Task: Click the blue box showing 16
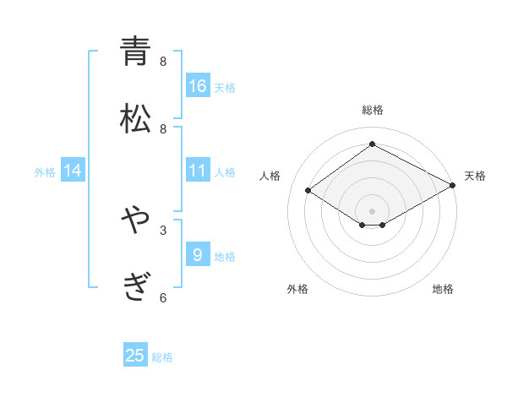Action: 198,86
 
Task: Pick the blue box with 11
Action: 198,171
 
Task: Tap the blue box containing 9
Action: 198,254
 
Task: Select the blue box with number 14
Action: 73,171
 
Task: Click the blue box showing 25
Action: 135,356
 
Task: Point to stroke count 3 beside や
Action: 163,230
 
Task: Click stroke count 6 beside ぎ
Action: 163,297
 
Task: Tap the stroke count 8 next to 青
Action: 163,61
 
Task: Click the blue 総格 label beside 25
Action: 162,357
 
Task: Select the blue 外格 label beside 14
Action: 45,172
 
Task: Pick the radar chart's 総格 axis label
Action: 372,110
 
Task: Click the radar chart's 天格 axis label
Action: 475,176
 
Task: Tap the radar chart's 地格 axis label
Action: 443,289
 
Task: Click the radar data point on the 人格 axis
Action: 308,190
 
